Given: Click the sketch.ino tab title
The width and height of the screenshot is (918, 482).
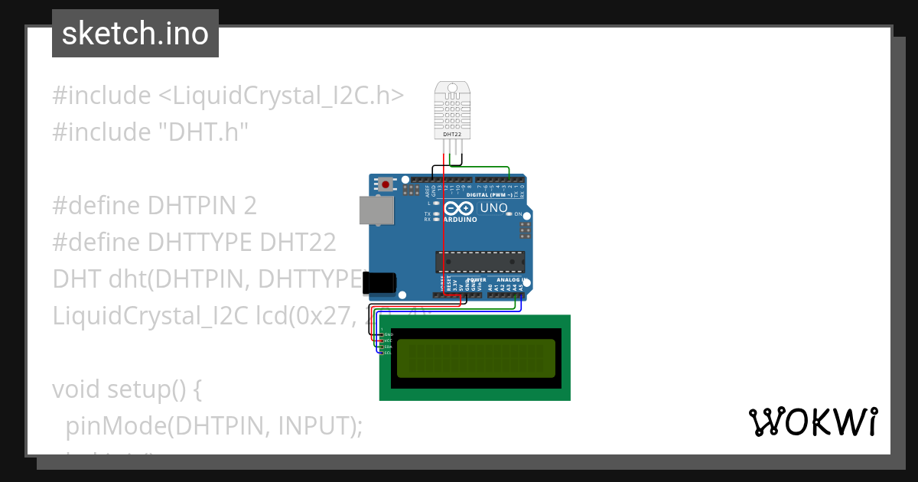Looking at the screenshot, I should [135, 34].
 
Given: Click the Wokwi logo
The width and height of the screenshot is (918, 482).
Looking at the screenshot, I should [812, 422].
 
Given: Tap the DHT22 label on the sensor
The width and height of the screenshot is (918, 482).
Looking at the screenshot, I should [452, 135].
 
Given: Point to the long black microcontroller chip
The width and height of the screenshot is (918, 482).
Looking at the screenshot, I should [480, 262].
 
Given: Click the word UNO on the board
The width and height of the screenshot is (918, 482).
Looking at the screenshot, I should [493, 208].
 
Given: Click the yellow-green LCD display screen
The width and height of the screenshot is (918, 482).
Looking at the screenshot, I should [475, 358].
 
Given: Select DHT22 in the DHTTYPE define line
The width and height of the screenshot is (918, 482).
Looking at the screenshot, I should [298, 243].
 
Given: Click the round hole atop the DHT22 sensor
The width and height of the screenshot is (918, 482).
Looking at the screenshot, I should [452, 86].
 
